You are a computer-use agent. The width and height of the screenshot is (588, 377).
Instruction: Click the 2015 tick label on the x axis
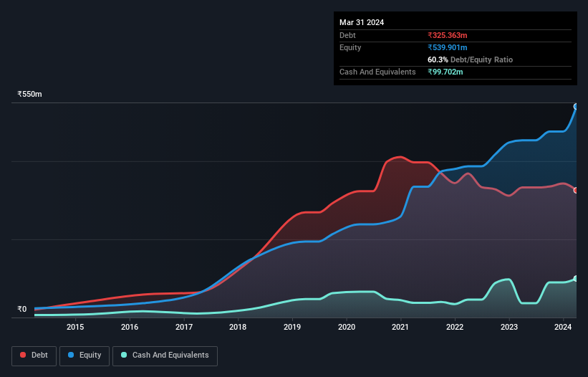coord(75,328)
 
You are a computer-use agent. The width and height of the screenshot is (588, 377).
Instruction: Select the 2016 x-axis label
coord(130,328)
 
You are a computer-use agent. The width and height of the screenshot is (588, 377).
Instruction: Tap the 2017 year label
coord(184,328)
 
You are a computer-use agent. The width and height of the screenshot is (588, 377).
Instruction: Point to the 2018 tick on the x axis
coord(238,328)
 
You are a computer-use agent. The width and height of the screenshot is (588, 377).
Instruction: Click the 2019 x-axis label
coord(292,328)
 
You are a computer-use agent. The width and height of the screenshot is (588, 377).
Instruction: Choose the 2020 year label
coord(347,328)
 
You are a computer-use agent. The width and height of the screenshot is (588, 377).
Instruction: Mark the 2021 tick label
coord(400,328)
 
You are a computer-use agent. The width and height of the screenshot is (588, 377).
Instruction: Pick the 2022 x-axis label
coord(455,328)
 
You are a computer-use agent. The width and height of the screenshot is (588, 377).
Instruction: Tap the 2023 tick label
coord(509,328)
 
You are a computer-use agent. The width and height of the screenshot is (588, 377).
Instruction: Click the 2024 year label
coord(563,328)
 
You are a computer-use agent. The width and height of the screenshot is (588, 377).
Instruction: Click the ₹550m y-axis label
coord(30,95)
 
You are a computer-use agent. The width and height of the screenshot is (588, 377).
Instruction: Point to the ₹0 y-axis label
coord(22,310)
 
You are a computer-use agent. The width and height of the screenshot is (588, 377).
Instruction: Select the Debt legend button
coord(35,355)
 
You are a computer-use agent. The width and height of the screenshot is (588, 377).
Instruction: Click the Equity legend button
coord(85,355)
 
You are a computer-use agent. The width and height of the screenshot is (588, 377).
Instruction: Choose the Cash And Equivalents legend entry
coord(165,355)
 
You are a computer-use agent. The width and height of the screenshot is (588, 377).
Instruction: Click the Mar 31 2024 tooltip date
coord(362,22)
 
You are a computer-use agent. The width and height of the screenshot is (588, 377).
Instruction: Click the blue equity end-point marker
coord(576,106)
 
